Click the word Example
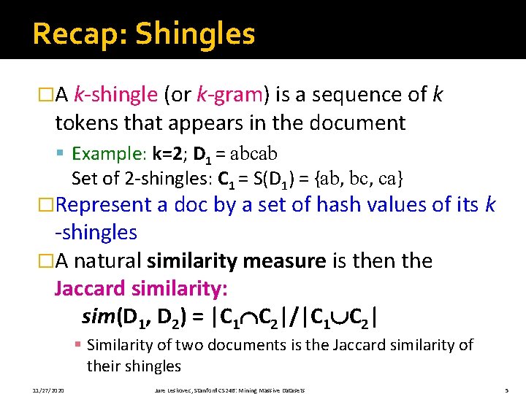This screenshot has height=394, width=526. click(109, 154)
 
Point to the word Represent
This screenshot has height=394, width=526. click(109, 205)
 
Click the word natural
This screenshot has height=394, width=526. click(107, 261)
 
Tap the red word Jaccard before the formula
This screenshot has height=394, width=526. click(89, 289)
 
